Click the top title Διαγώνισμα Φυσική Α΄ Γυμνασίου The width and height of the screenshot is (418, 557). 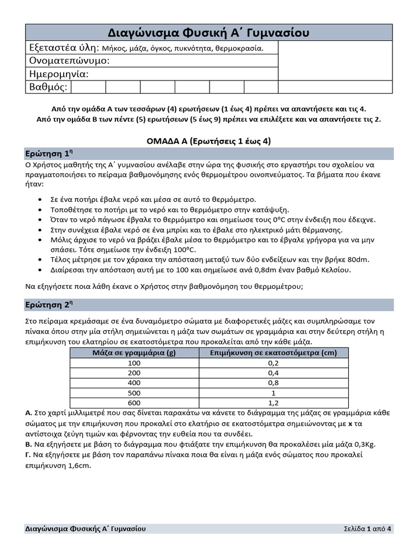pyautogui.click(x=208, y=33)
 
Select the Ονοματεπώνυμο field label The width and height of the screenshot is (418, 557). pyautogui.click(x=69, y=60)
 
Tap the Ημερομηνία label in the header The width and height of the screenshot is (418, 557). pyautogui.click(x=58, y=73)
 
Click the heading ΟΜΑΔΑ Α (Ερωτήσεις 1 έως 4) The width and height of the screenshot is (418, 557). pyautogui.click(x=208, y=141)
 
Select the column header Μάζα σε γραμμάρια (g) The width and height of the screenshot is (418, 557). pyautogui.click(x=134, y=352)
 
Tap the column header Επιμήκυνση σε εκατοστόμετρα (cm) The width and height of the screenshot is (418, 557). pyautogui.click(x=274, y=352)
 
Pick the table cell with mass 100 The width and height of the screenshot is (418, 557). pyautogui.click(x=134, y=363)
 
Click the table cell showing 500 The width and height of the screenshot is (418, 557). pyautogui.click(x=134, y=393)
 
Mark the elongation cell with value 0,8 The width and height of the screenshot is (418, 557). pyautogui.click(x=274, y=383)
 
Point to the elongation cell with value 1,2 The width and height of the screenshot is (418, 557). pyautogui.click(x=274, y=403)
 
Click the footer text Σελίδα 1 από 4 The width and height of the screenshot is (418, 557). pyautogui.click(x=367, y=529)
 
